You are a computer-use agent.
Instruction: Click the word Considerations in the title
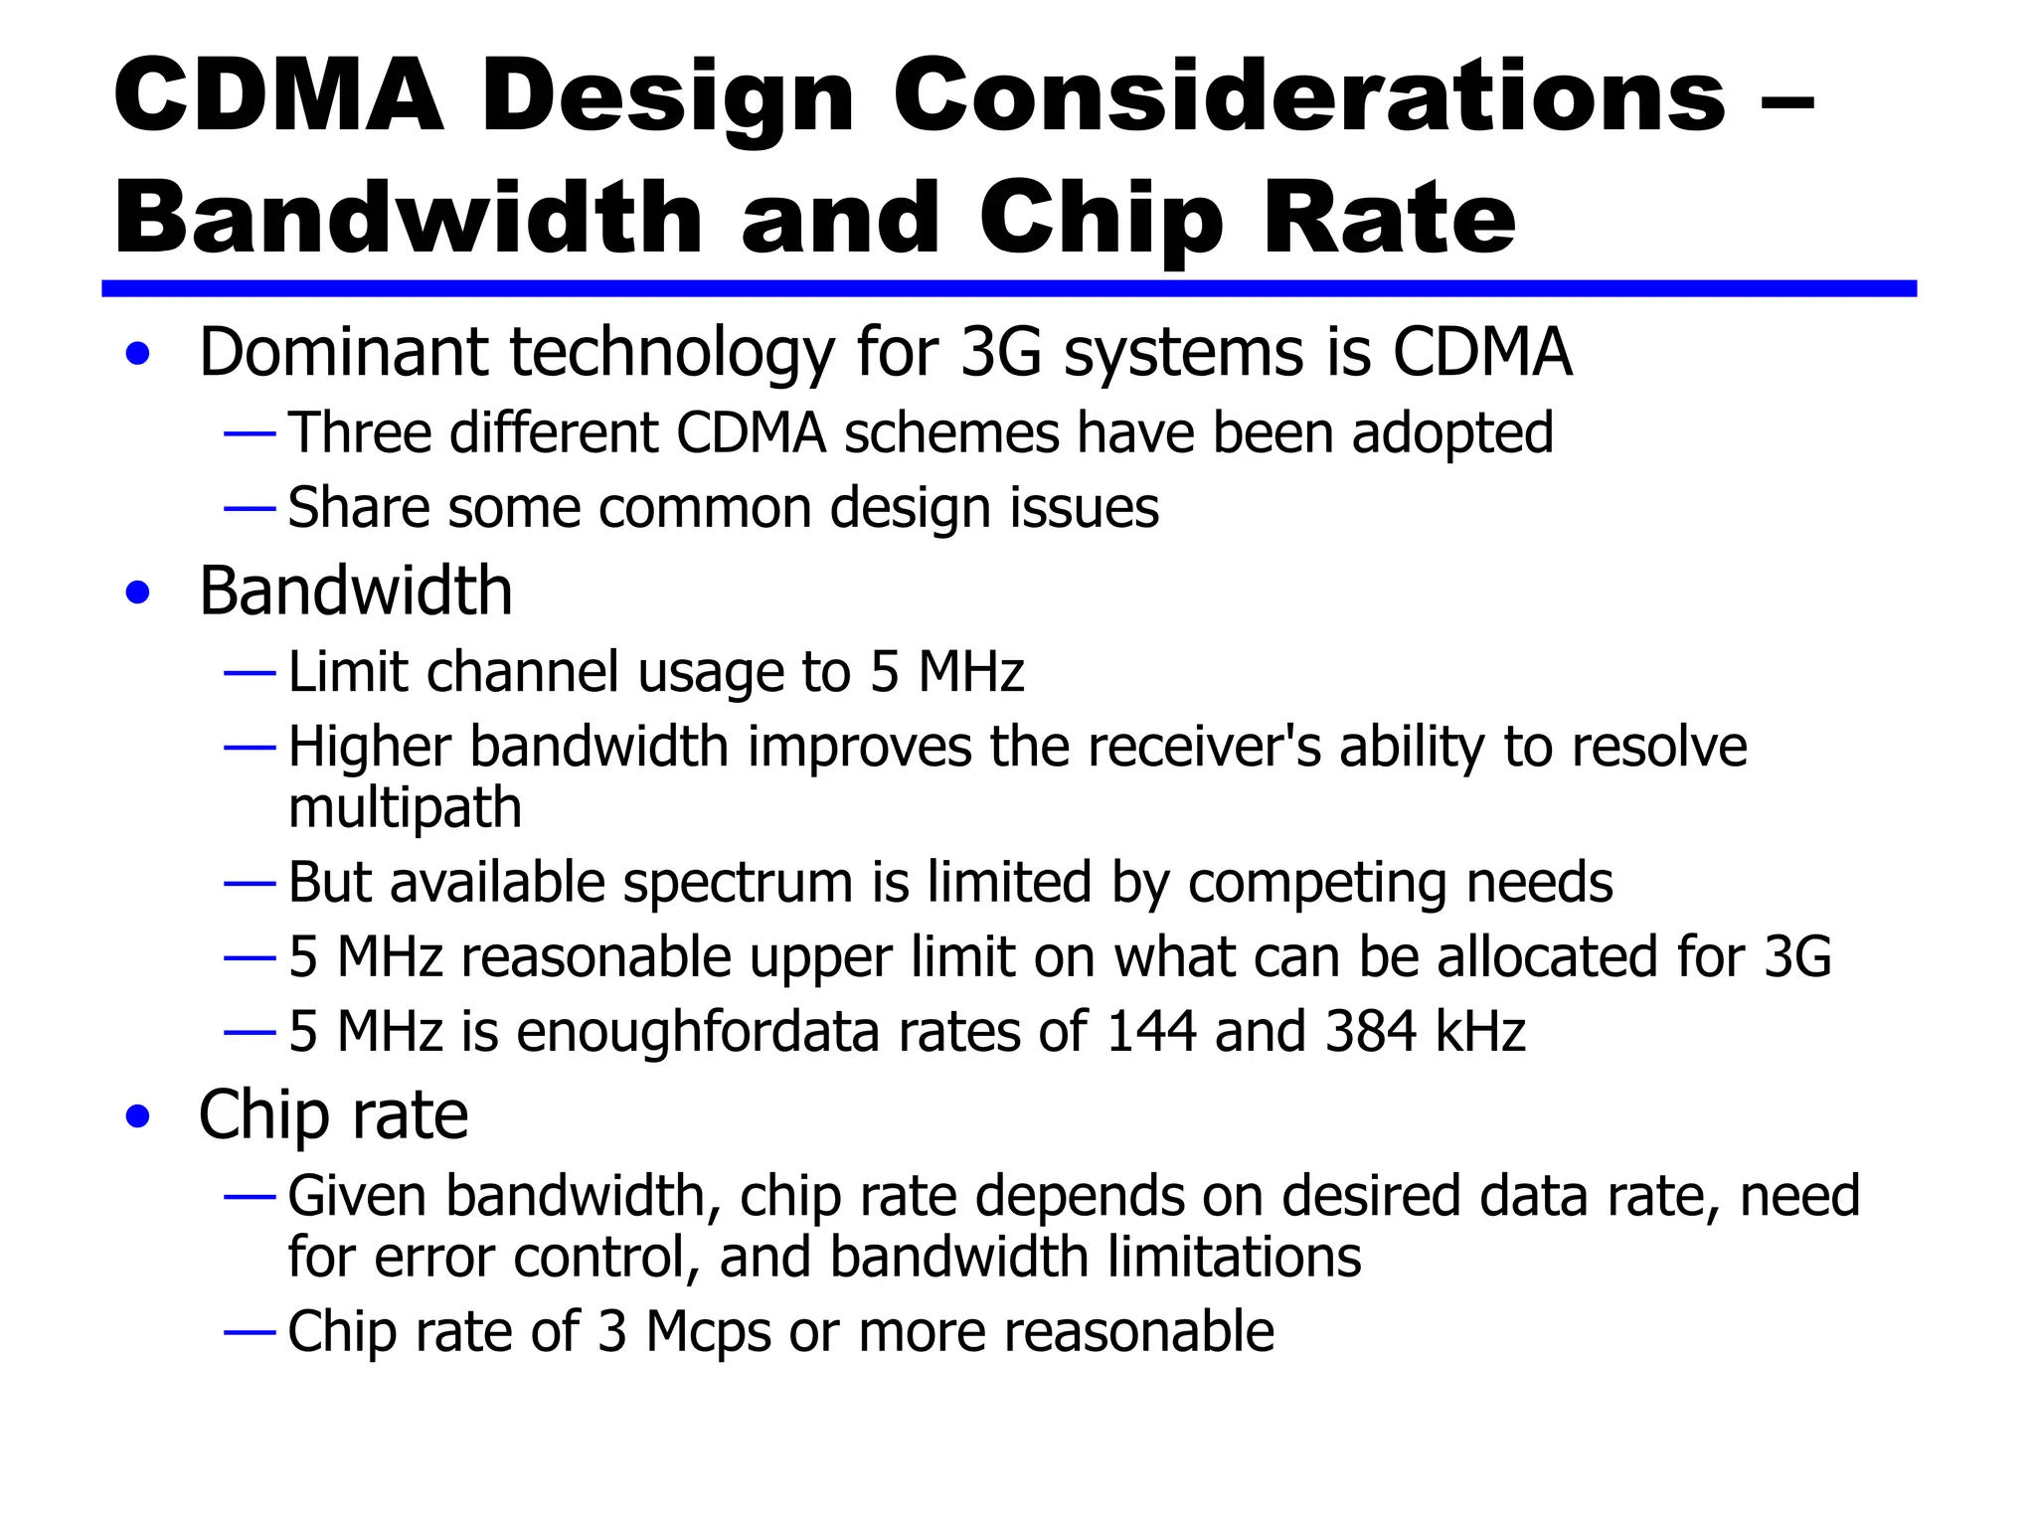[1308, 96]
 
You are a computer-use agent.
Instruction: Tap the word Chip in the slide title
[1101, 221]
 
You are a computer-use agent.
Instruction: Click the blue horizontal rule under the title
[1008, 288]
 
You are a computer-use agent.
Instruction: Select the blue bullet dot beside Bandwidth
[138, 593]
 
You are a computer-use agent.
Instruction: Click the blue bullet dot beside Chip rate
[138, 1116]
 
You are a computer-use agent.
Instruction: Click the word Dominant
[344, 353]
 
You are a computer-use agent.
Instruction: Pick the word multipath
[405, 807]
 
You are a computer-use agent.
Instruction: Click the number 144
[1151, 1032]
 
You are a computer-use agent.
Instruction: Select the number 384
[1371, 1032]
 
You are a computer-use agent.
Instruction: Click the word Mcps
[708, 1332]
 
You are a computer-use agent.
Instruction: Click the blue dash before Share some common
[250, 509]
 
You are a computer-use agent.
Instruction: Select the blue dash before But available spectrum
[250, 883]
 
